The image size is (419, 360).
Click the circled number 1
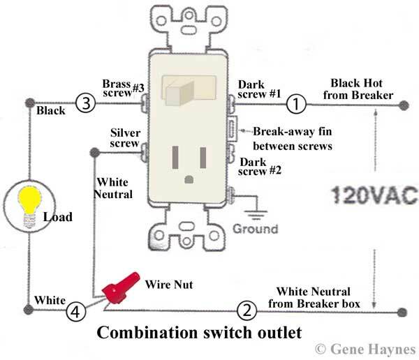pos(296,104)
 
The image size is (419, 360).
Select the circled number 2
pos(247,310)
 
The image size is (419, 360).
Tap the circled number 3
pos(85,103)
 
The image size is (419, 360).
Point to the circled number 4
pos(76,311)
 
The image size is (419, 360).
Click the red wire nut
pos(120,287)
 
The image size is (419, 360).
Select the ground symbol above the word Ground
pos(256,215)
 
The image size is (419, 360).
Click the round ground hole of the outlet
pos(189,179)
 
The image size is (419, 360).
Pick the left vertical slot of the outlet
pos(175,157)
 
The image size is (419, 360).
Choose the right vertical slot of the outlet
pos(203,158)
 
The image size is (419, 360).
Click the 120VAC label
pos(374,195)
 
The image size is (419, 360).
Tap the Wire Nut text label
pos(169,285)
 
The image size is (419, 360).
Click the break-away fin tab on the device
pos(232,129)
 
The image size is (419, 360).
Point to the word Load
pos(58,217)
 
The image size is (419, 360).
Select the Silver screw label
pos(125,138)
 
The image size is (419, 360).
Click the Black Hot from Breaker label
pos(358,89)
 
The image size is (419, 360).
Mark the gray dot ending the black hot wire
pos(404,105)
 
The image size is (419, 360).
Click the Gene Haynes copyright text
pos(365,349)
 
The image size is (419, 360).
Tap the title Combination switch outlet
pos(199,333)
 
